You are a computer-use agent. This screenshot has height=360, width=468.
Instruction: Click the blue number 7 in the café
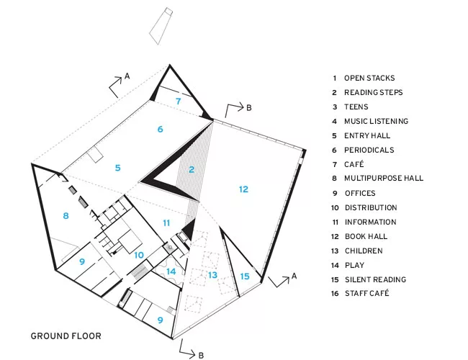coord(178,102)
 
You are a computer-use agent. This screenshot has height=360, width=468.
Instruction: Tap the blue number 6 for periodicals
coord(161,130)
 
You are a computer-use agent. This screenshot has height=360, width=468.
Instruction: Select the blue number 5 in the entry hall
coord(118,168)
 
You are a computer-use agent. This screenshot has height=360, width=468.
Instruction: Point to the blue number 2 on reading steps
coord(192,169)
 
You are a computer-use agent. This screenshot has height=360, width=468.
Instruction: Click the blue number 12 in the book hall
coord(243,189)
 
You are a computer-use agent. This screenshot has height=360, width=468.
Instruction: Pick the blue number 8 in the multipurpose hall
coord(66,215)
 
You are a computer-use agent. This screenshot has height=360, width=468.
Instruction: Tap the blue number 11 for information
coord(166,223)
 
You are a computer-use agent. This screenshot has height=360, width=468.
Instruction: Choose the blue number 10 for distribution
coord(139,255)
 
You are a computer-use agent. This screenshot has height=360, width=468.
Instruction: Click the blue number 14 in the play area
coord(171,271)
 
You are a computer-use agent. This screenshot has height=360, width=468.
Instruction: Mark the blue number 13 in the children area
coord(212,275)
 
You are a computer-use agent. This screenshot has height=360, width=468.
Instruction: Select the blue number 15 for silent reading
coord(245,276)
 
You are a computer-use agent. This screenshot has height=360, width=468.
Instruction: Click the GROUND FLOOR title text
coord(66,336)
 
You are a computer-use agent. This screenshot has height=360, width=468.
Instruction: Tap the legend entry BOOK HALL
coord(366,236)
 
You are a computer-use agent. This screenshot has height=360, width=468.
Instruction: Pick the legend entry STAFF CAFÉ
coord(366,293)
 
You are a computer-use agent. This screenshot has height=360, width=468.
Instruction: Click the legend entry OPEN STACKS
coord(369,78)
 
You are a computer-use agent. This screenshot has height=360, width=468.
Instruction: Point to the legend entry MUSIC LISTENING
coord(376,121)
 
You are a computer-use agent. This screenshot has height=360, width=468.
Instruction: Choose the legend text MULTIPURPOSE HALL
coord(384,179)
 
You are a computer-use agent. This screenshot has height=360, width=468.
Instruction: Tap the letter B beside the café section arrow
coord(249,108)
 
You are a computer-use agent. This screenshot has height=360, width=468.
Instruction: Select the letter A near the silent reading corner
coord(294,276)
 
